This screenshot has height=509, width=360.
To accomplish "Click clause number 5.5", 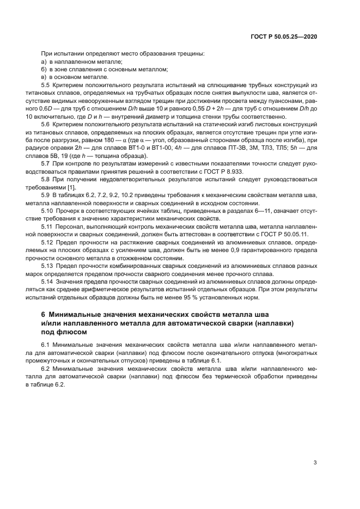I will pyautogui.click(x=45, y=85).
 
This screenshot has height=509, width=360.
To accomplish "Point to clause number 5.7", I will pyautogui.click(x=45, y=164).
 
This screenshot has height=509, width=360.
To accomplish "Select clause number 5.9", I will pyautogui.click(x=45, y=195).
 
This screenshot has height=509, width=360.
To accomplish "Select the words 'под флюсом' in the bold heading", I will pyautogui.click(x=64, y=332).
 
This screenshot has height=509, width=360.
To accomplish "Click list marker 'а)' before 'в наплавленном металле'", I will pyautogui.click(x=44, y=62).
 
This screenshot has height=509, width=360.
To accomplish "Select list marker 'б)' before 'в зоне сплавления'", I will pyautogui.click(x=44, y=70).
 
